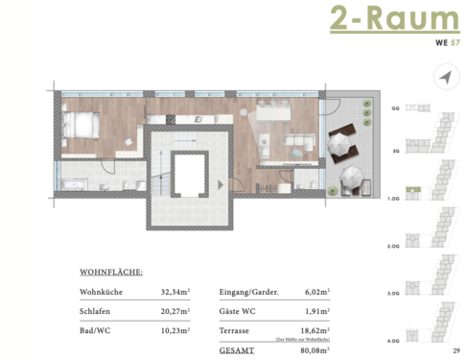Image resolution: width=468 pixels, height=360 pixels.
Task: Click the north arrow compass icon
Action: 444,77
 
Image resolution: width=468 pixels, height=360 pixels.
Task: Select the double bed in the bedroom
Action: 81,126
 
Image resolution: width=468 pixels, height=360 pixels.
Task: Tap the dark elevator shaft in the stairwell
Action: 192,177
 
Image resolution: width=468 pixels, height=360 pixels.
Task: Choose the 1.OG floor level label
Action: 397,198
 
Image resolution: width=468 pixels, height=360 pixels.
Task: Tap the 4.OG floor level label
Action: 397,342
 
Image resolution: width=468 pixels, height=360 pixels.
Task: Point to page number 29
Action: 456,351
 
